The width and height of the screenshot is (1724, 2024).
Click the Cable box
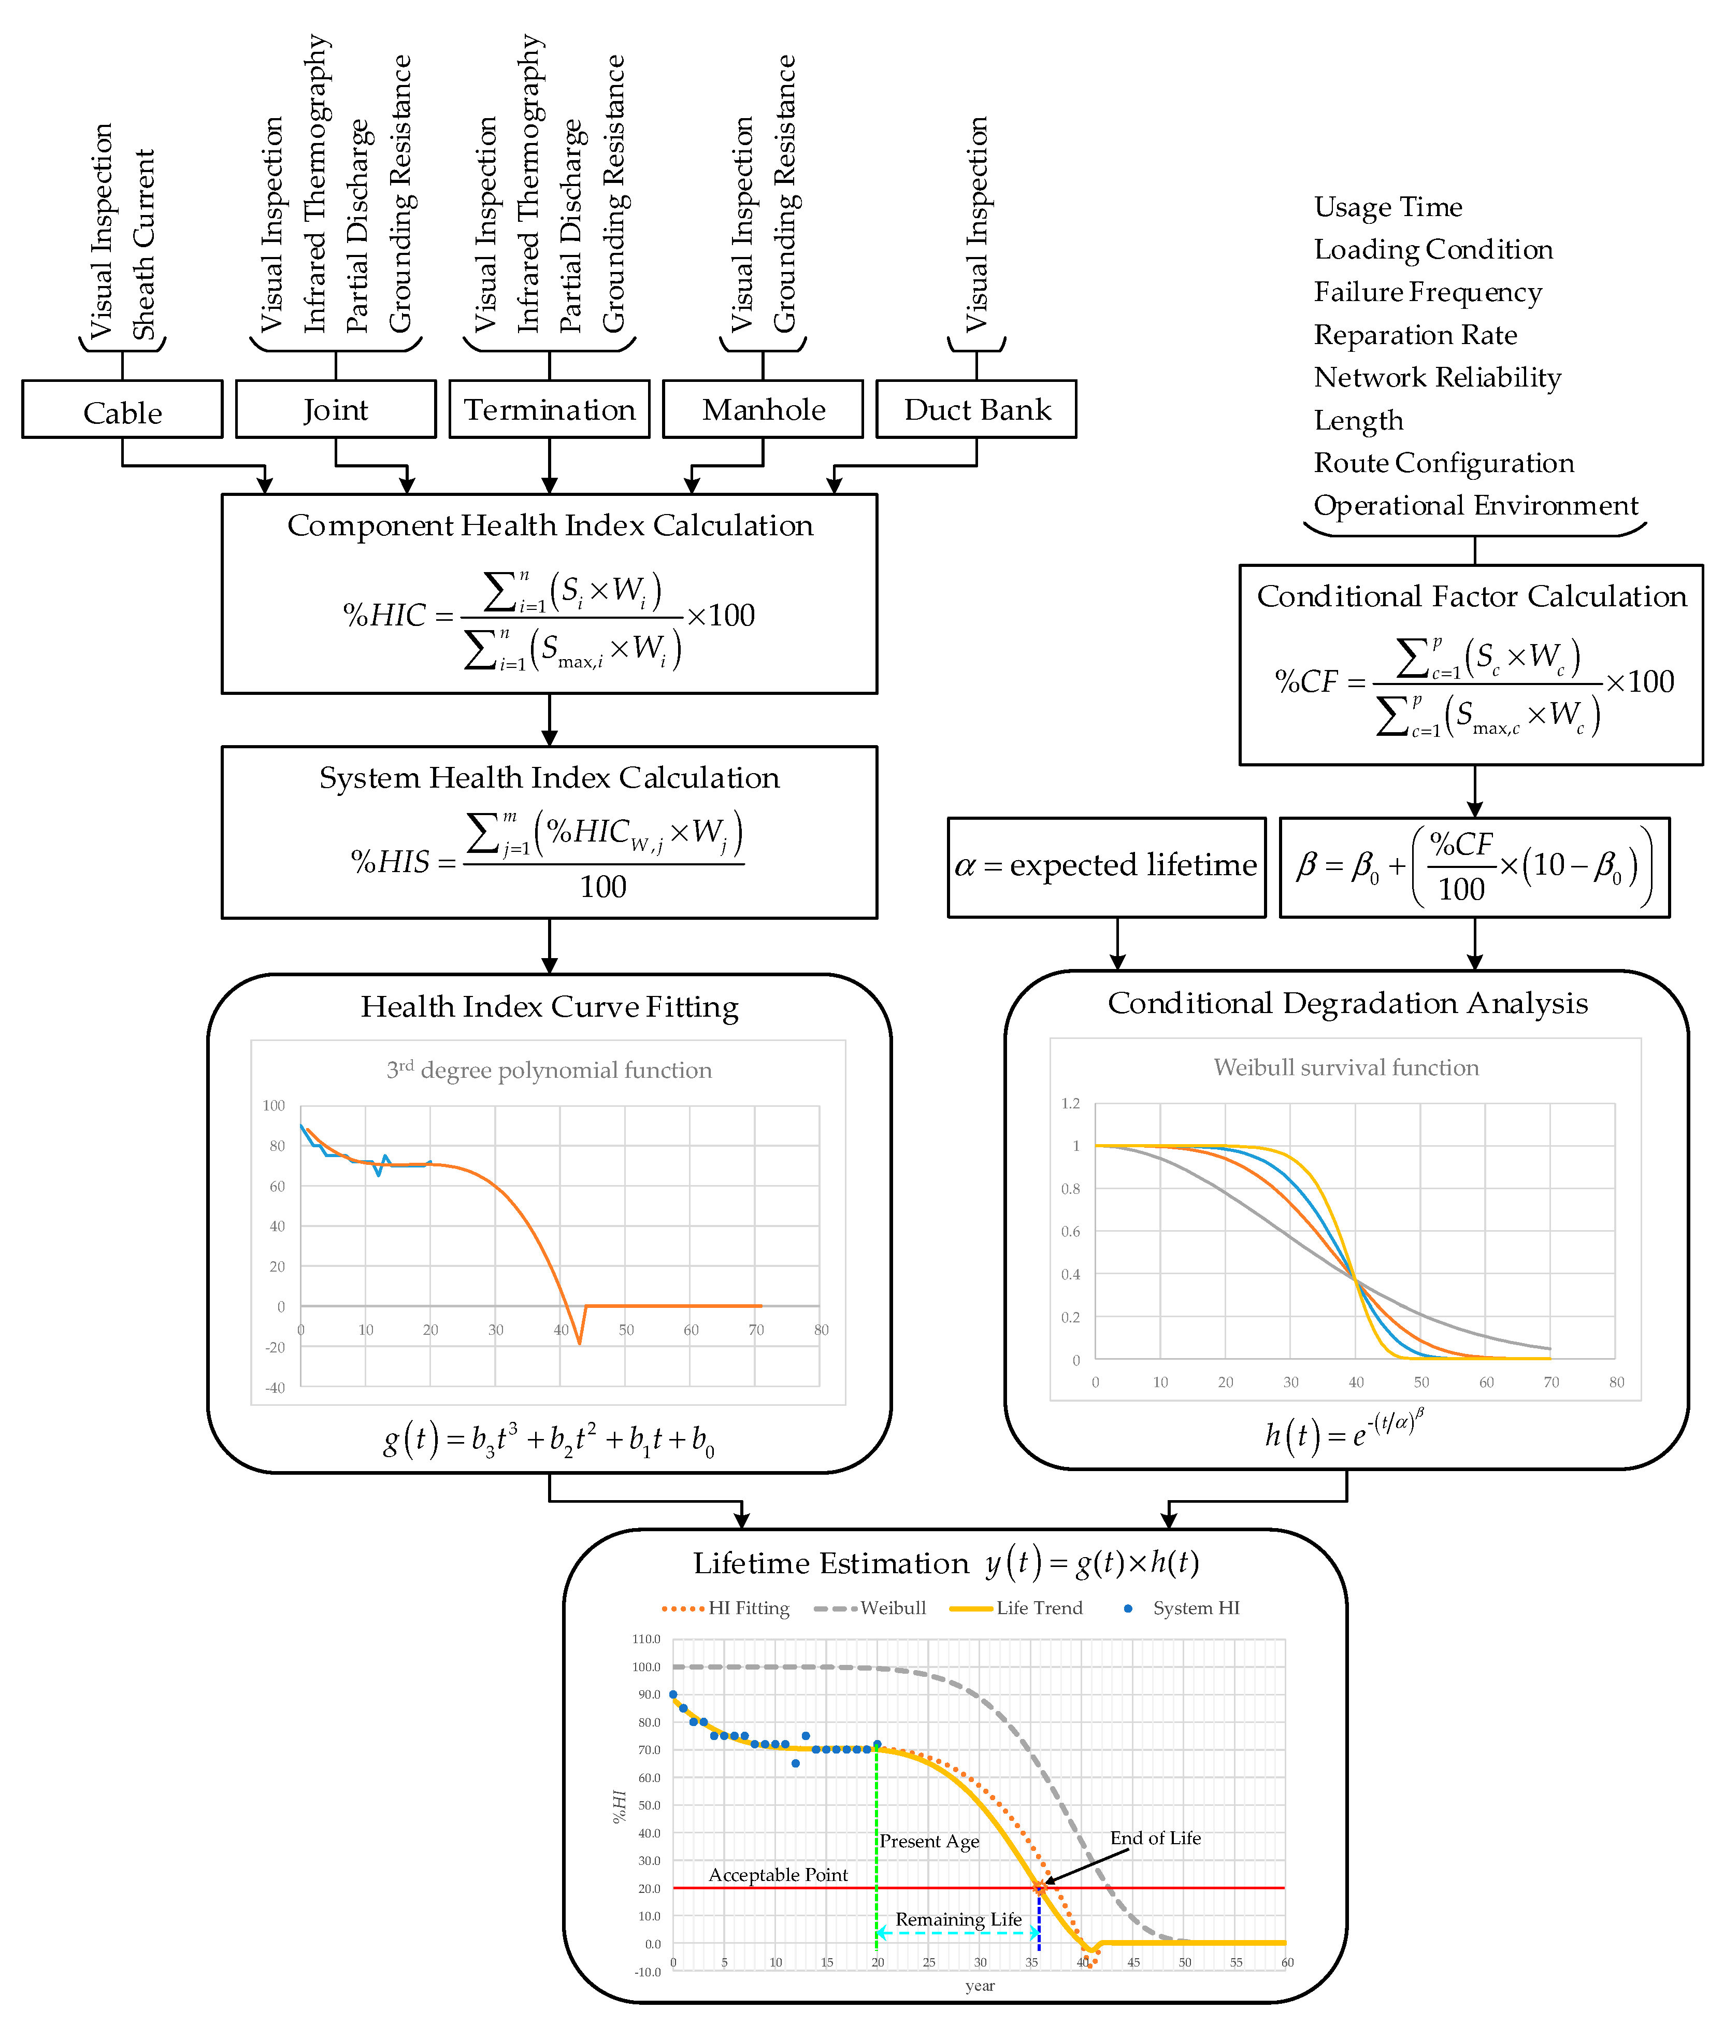click(122, 410)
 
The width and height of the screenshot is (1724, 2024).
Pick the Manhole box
click(763, 409)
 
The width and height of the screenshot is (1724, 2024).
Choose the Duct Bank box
click(977, 409)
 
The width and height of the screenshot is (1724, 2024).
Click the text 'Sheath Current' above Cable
click(143, 244)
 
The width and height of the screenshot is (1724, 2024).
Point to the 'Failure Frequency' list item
click(1427, 292)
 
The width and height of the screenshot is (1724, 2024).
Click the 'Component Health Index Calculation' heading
click(550, 525)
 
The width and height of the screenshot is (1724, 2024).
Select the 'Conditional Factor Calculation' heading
click(1471, 596)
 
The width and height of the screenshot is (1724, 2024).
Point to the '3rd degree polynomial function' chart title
click(549, 1070)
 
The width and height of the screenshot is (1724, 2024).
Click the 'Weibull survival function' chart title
click(1346, 1067)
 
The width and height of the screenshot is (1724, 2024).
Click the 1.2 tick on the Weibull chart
click(1071, 1104)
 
